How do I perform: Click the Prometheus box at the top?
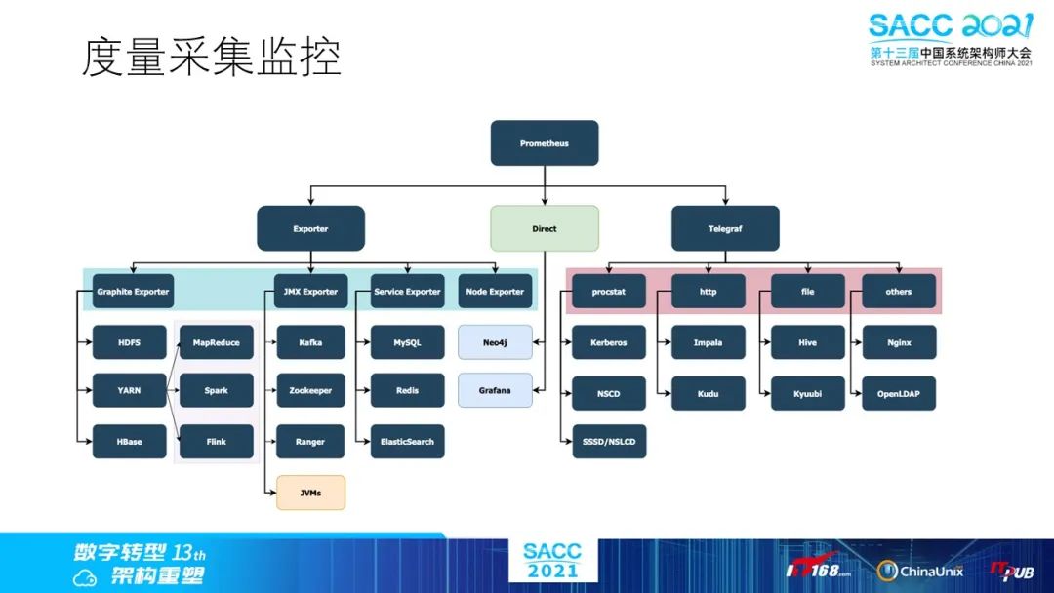coord(544,143)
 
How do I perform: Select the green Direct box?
coord(544,229)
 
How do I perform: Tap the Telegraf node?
coord(725,229)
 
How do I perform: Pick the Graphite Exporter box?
coord(132,292)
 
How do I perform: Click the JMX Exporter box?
coord(310,292)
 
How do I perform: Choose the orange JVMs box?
coord(310,493)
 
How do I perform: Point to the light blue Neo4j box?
coord(495,343)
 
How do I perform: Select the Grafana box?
coord(495,390)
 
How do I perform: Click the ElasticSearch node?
coord(408,442)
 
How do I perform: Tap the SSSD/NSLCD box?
coord(608,442)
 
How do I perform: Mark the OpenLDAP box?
coord(899,394)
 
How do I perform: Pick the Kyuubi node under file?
coord(807,394)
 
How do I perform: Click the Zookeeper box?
coord(310,390)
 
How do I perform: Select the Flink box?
coord(216,442)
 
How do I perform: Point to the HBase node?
coord(129,442)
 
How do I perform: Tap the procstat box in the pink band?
coord(608,292)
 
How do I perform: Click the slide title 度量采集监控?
coord(210,58)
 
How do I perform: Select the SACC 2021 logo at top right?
coord(950,39)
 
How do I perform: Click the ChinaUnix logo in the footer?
coord(920,571)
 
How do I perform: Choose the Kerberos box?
coord(608,343)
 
